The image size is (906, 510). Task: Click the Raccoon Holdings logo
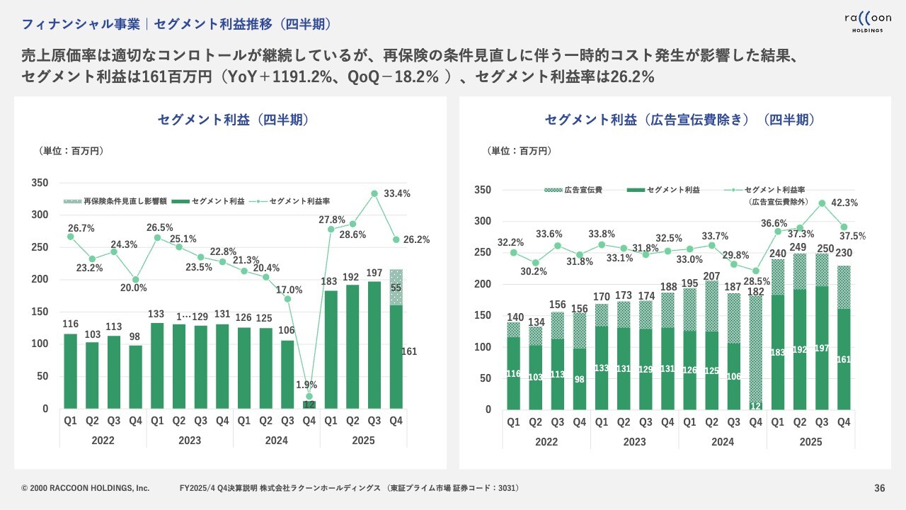867,21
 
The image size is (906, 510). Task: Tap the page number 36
880,488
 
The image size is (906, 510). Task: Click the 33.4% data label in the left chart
397,193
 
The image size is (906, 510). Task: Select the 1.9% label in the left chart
309,385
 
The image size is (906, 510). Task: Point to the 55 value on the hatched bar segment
396,288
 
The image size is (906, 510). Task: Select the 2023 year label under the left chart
190,441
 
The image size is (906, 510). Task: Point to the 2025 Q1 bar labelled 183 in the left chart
331,350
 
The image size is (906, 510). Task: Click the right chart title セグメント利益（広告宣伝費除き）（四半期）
679,120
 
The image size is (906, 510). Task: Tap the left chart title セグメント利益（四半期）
233,120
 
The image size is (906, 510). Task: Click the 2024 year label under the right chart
722,442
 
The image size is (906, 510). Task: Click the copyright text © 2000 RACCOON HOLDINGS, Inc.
86,488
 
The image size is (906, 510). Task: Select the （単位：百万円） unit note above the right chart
520,151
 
